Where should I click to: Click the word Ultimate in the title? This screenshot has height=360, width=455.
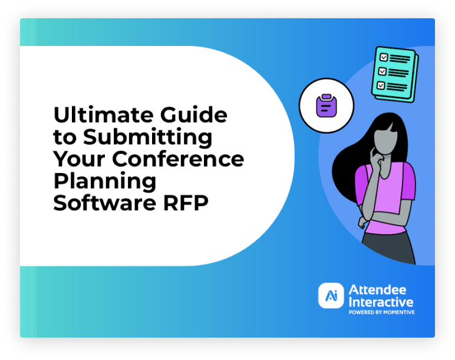point(104,114)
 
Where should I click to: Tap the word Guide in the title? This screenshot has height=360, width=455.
point(193,114)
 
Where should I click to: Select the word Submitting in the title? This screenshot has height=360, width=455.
point(148,137)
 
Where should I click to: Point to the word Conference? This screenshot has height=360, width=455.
point(178,158)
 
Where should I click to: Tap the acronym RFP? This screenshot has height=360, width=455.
point(186,203)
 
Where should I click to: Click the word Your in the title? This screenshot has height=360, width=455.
point(79,158)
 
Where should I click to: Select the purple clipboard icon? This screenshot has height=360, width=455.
point(326,105)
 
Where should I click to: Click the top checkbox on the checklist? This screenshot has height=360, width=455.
point(384,57)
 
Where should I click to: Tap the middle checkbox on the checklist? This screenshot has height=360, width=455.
point(382,71)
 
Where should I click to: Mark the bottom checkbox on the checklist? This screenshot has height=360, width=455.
point(381,85)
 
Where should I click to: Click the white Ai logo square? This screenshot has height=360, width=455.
point(331,295)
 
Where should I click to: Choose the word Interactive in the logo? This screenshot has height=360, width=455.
point(381,302)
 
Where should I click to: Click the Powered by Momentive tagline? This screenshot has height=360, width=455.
point(381,312)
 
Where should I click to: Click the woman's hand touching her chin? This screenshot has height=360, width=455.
point(377,155)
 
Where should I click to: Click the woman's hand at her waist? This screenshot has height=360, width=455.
point(362,223)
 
